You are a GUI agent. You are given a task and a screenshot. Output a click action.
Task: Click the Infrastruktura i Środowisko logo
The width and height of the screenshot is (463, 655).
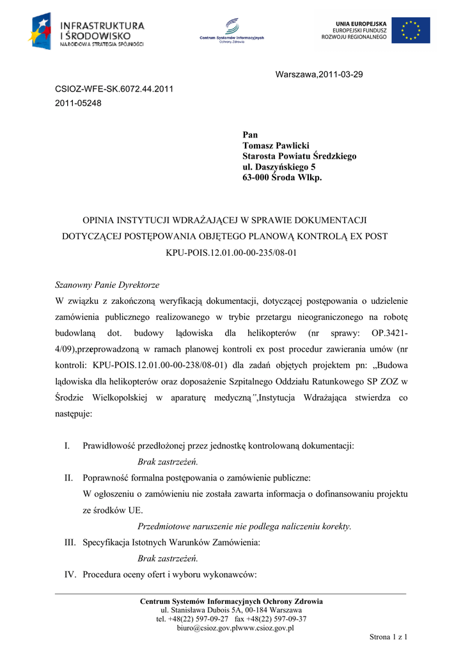[x=86, y=33]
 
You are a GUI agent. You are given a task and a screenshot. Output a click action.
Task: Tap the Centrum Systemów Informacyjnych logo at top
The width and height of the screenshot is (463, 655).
[x=231, y=31]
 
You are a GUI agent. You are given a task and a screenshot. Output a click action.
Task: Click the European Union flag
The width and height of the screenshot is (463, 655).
[x=411, y=30]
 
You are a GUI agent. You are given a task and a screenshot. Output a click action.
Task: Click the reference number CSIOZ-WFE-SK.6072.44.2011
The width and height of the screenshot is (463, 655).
[x=114, y=89]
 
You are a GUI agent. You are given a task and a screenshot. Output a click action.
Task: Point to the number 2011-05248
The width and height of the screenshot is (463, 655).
[x=78, y=102]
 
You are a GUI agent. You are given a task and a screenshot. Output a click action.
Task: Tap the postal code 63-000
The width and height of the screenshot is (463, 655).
[x=256, y=177]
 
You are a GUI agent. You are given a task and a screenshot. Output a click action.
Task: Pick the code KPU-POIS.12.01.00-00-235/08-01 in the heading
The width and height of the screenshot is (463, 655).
[x=231, y=253]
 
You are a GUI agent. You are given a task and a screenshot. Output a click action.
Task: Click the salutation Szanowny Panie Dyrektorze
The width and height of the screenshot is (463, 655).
[x=107, y=285]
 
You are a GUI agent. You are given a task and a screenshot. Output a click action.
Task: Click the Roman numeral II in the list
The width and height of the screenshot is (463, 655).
[x=68, y=478]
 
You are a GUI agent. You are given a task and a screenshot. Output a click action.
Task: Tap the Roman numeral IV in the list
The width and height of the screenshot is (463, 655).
[x=70, y=574]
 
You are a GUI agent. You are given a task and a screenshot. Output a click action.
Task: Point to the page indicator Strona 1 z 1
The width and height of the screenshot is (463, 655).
[x=389, y=637]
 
